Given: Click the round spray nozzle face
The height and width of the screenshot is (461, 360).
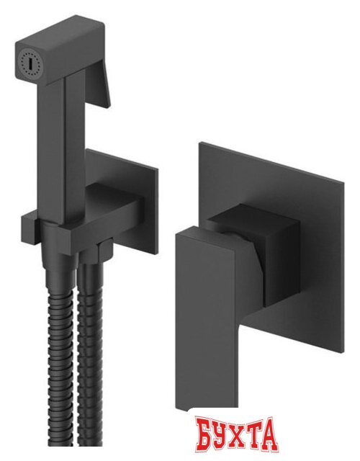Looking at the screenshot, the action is click(30, 61).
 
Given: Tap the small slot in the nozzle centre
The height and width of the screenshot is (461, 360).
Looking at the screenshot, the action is click(30, 61).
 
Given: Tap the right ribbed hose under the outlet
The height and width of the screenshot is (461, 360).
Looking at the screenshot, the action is click(91, 353).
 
